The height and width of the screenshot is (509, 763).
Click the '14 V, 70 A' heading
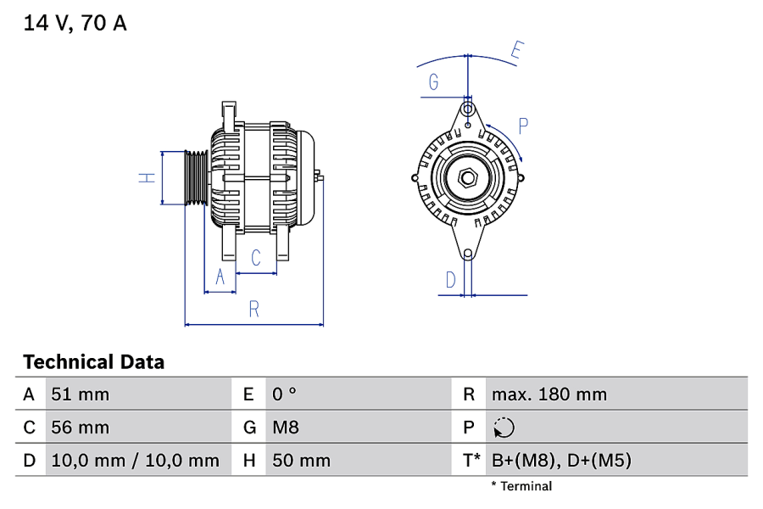(75, 23)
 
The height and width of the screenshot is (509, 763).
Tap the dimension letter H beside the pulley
(147, 178)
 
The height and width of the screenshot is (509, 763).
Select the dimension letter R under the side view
(254, 310)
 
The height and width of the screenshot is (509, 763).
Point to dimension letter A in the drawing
(220, 277)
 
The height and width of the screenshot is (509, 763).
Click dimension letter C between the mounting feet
(256, 258)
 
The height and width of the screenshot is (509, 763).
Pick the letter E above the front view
(517, 50)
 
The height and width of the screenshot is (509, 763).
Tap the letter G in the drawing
(433, 81)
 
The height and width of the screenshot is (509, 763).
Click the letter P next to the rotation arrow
(523, 126)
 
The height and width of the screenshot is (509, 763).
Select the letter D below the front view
(451, 280)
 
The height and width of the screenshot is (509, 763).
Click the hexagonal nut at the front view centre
(468, 178)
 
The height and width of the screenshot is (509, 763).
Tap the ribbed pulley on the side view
(197, 178)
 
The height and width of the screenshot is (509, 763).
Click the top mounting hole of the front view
(468, 108)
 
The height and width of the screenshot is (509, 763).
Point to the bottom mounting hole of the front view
(468, 254)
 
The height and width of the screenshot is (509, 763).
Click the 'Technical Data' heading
(94, 362)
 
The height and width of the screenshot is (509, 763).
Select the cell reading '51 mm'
(81, 394)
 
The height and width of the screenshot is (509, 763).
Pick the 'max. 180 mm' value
(549, 394)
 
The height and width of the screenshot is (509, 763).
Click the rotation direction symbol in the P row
(504, 428)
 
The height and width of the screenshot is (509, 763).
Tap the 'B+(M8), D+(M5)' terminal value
(561, 461)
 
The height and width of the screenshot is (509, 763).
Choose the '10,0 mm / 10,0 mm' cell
(136, 461)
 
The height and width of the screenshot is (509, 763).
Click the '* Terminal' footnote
(521, 486)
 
